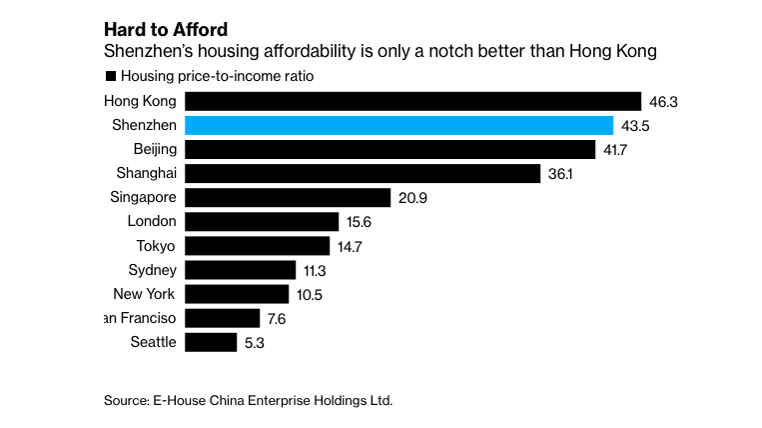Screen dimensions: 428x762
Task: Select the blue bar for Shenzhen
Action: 399,125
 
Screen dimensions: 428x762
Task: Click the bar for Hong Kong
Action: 412,101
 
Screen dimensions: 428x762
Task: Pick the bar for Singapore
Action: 288,197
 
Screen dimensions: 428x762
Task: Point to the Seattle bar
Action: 210,342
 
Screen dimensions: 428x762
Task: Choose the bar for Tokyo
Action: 258,246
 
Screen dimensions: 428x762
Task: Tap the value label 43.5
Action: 633,125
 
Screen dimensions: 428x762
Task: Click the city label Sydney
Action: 152,270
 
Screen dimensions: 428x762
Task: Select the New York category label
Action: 145,294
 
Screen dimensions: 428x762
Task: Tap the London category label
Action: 152,222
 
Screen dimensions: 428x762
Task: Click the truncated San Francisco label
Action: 141,318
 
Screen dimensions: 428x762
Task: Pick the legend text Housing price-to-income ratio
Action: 217,76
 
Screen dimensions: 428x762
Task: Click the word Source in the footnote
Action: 127,401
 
